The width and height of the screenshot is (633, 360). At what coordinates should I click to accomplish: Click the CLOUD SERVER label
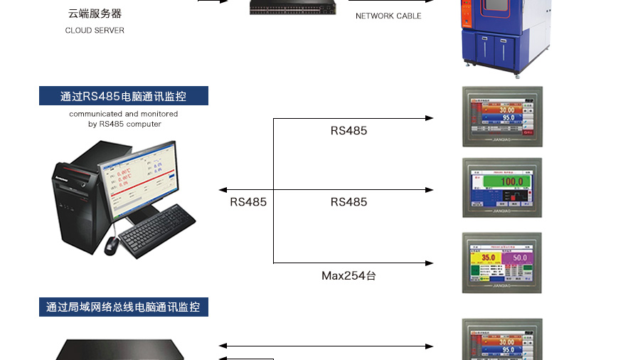tap(95, 31)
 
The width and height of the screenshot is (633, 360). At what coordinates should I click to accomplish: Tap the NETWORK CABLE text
tap(388, 16)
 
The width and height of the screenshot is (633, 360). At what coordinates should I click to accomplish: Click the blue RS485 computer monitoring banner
tap(124, 96)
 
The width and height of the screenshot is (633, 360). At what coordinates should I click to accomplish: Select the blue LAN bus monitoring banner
tap(124, 307)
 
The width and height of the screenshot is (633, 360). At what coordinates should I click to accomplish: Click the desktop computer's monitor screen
tap(139, 175)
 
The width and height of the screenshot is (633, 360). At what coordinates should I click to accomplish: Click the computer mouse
tap(112, 245)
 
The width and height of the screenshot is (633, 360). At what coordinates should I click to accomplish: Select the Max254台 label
tap(349, 275)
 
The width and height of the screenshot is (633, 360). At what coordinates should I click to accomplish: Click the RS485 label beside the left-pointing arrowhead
tap(248, 202)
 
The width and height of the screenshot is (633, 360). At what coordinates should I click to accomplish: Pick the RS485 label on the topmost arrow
tap(349, 131)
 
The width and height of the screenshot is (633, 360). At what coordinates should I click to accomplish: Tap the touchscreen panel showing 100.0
tap(502, 188)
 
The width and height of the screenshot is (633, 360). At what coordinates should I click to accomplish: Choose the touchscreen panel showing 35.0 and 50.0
tap(502, 263)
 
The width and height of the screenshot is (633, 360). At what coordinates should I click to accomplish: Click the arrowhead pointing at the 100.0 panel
tap(430, 190)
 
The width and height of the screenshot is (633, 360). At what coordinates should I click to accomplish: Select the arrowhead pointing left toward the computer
tap(223, 190)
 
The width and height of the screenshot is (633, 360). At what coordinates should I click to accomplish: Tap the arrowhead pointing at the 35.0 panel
tap(430, 263)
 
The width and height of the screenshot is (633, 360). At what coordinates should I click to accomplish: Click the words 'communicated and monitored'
tap(124, 114)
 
